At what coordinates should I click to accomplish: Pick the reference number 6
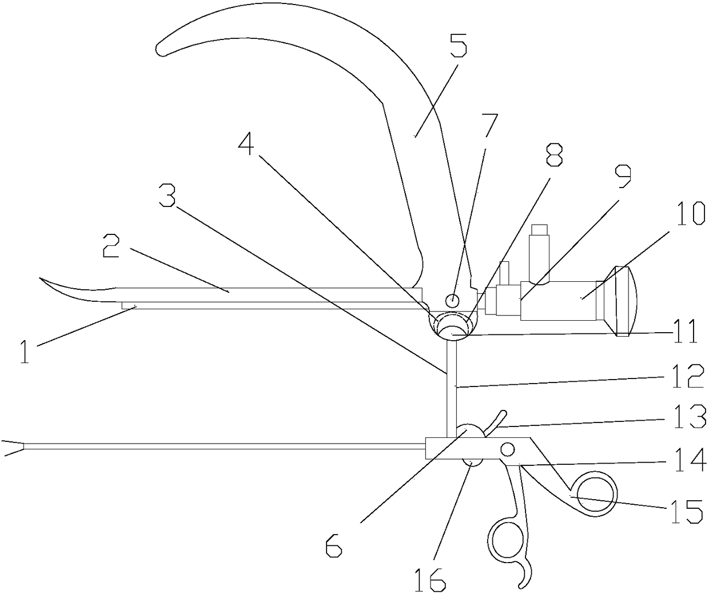334,546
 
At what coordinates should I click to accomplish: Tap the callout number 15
687,511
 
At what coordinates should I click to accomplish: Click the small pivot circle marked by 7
452,299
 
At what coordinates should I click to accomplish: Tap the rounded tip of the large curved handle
162,49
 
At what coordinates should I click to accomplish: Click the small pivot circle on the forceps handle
507,449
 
